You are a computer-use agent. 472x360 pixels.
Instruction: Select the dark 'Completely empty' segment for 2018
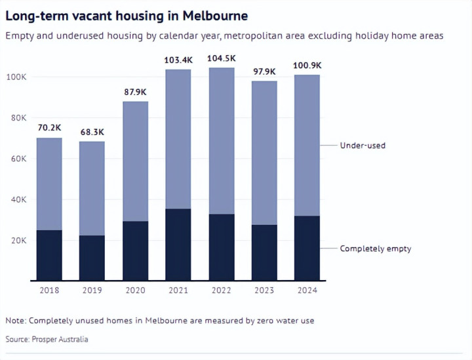pos(49,256)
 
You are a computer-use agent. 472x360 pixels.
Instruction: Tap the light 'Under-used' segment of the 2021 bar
pos(178,139)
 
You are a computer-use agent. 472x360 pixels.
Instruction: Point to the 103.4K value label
pos(178,60)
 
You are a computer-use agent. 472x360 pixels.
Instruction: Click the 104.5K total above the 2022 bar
pos(221,58)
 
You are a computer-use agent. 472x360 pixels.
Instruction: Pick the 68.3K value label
pos(92,132)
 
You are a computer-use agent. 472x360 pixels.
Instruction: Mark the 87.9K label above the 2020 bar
pos(135,92)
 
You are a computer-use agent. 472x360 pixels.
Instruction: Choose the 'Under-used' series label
pos(363,145)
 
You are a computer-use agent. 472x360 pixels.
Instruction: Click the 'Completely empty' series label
pos(375,249)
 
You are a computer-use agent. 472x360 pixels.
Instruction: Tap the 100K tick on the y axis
pos(16,77)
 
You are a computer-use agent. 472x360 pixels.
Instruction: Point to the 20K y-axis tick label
pos(18,241)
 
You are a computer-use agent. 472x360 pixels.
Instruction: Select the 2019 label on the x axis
pos(92,290)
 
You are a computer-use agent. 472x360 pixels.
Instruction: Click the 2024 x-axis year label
pos(307,290)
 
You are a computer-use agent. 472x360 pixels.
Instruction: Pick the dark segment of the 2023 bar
pos(264,252)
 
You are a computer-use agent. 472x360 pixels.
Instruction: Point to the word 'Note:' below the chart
pos(15,321)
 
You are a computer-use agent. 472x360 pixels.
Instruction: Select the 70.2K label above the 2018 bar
pos(49,129)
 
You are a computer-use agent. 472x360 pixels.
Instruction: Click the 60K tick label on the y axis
pos(18,159)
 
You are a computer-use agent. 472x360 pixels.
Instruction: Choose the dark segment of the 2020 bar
pos(135,251)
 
